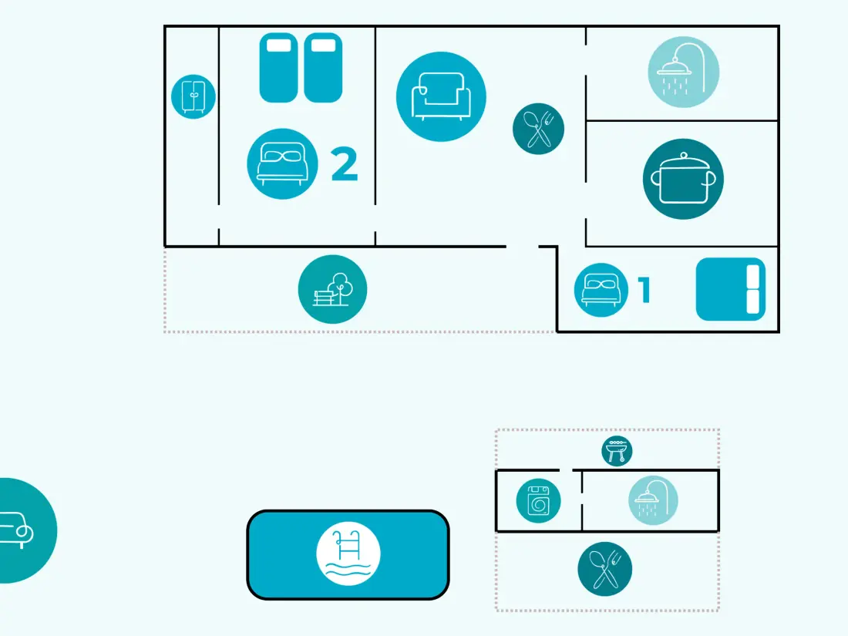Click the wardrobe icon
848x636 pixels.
click(x=193, y=97)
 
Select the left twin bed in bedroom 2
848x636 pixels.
click(x=278, y=68)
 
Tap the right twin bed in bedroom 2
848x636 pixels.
click(x=323, y=68)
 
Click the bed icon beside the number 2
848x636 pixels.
click(x=282, y=164)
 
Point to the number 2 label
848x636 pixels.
click(x=344, y=164)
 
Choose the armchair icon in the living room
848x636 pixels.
click(x=441, y=97)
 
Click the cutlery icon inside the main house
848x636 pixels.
click(x=538, y=129)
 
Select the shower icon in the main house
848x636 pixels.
click(x=684, y=72)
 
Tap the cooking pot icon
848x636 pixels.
click(x=683, y=179)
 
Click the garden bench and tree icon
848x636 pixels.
click(x=332, y=289)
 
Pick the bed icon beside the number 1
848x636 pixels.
click(x=601, y=290)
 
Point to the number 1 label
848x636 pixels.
click(x=644, y=290)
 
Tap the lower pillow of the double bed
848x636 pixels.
click(x=753, y=301)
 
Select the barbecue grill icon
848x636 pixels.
click(x=617, y=451)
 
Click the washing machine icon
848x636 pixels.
click(x=538, y=501)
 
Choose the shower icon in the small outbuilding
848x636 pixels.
click(x=653, y=500)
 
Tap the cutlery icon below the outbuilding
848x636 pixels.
click(x=604, y=569)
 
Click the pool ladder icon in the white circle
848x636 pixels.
click(x=348, y=554)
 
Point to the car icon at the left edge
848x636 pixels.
click(x=22, y=530)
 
